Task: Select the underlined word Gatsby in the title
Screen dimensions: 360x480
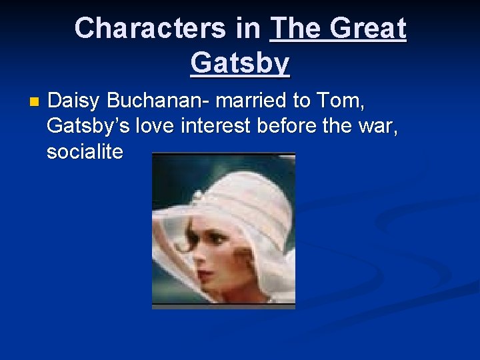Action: [x=240, y=63]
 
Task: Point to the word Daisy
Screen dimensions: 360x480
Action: [x=74, y=101]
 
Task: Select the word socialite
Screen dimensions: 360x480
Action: [x=85, y=151]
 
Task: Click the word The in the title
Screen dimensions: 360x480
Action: [x=296, y=28]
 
